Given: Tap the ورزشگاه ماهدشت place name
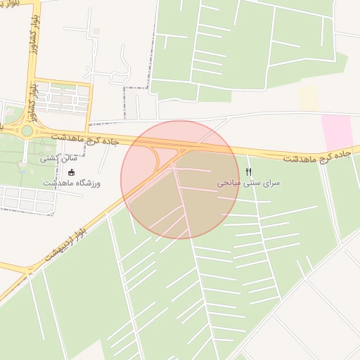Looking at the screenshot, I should (72, 183).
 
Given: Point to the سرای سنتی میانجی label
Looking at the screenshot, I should (247, 183).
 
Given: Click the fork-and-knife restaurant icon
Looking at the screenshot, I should (247, 172).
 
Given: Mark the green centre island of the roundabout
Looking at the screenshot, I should (27, 131).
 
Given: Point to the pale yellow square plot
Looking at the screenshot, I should (308, 98).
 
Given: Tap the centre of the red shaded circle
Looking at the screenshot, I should (180, 180).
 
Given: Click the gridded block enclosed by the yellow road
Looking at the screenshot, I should (63, 99).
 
